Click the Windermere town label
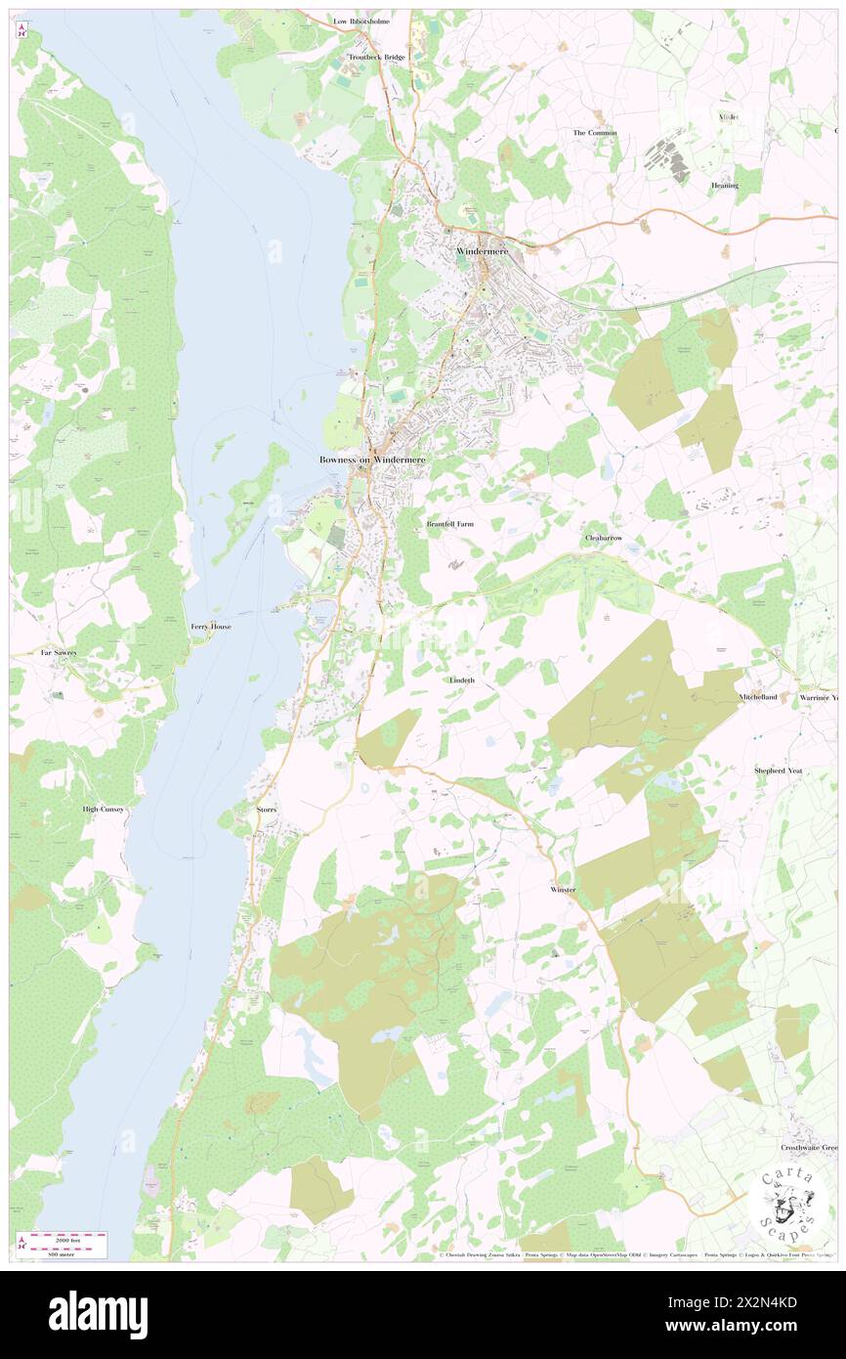482,252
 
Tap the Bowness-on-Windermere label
372,460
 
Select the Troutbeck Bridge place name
379,58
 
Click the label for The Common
595,133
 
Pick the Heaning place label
724,186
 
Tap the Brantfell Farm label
450,525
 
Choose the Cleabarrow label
603,539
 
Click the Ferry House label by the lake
211,627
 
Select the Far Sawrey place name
59,652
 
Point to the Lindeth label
462,679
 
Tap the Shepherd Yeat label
783,770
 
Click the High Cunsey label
103,810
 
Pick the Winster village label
564,890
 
